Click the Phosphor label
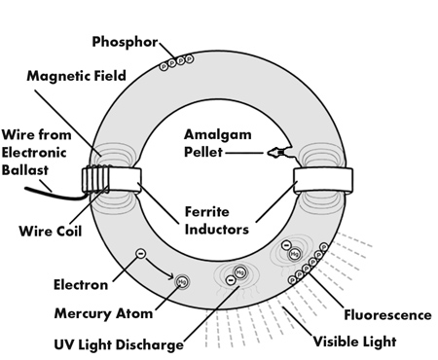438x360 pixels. (125, 42)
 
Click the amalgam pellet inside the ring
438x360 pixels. (279, 153)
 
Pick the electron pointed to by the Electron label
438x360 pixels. (141, 254)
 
